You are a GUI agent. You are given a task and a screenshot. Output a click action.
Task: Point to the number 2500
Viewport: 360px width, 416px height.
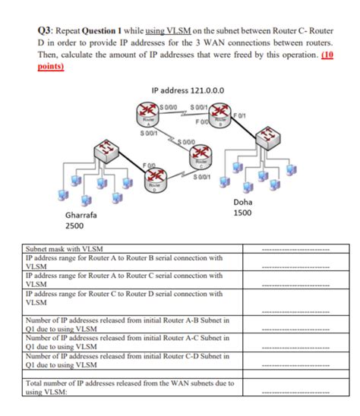pos(75,226)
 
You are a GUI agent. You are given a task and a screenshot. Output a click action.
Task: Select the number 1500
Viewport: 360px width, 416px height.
pos(243,214)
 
